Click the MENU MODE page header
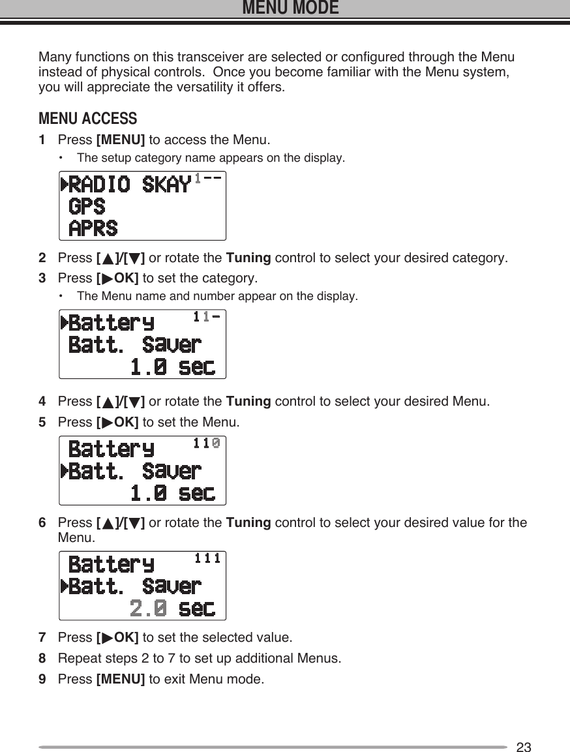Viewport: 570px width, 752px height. pyautogui.click(x=290, y=8)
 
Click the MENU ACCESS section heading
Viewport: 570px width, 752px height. pyautogui.click(x=88, y=119)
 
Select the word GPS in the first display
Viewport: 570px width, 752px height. pyautogui.click(x=87, y=207)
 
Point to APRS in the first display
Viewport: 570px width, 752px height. pyautogui.click(x=94, y=228)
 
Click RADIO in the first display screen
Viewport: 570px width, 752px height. pyautogui.click(x=98, y=185)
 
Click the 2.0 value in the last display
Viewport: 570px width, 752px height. pyautogui.click(x=148, y=609)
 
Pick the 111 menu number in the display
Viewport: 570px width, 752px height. pyautogui.click(x=207, y=558)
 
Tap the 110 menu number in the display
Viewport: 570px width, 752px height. pyautogui.click(x=207, y=444)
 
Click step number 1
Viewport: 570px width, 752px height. pyautogui.click(x=42, y=140)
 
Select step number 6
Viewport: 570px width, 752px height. pyautogui.click(x=42, y=523)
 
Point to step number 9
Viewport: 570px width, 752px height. pyautogui.click(x=42, y=680)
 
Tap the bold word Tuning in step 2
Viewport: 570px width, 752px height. pyautogui.click(x=248, y=258)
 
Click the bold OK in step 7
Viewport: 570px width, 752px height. pyautogui.click(x=125, y=637)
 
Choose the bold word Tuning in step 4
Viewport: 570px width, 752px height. pyautogui.click(x=248, y=400)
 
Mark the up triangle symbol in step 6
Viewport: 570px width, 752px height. pyautogui.click(x=106, y=523)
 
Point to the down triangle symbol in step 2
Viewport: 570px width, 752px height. pyautogui.click(x=134, y=258)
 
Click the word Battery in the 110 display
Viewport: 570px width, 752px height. pyautogui.click(x=112, y=449)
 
